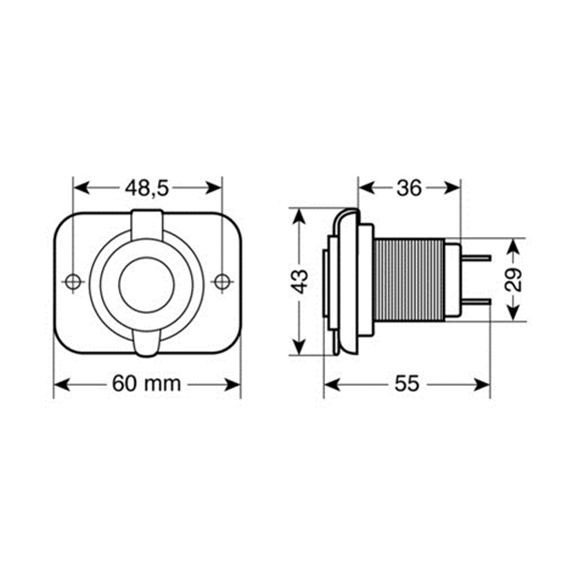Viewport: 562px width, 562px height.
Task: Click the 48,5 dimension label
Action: pyautogui.click(x=147, y=189)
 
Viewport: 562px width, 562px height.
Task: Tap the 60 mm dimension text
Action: pyautogui.click(x=147, y=383)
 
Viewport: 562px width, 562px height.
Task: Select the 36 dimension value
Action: pyautogui.click(x=409, y=188)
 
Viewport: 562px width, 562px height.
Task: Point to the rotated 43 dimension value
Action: pyautogui.click(x=299, y=281)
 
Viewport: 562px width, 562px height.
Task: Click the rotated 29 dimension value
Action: pyautogui.click(x=513, y=279)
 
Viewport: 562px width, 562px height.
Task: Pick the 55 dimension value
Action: pyautogui.click(x=407, y=384)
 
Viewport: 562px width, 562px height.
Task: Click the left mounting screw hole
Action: pyautogui.click(x=73, y=281)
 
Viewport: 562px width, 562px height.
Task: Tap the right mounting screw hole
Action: pyautogui.click(x=222, y=281)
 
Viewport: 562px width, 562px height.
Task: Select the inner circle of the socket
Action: pyautogui.click(x=147, y=285)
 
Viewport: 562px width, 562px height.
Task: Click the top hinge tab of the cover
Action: pyautogui.click(x=147, y=224)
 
